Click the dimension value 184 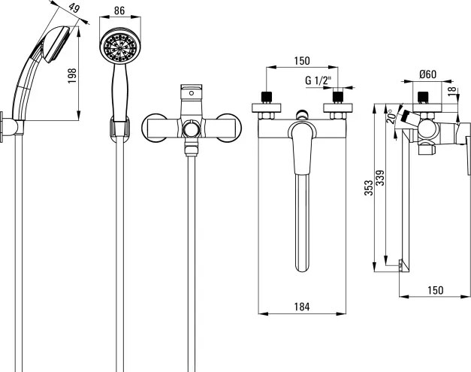pos(301,306)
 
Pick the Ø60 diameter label pos(430,74)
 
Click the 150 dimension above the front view pos(301,60)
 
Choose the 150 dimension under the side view pos(434,290)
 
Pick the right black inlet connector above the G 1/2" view pos(337,97)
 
